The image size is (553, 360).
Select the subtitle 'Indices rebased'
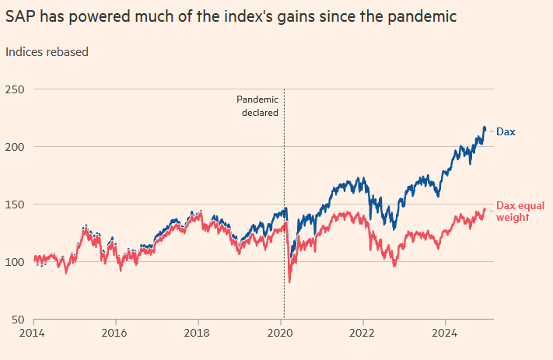[x=47, y=52]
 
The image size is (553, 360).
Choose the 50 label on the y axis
[x=17, y=320]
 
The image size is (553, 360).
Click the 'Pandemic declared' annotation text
[x=257, y=106]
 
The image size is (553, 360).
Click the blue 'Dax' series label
[x=506, y=132]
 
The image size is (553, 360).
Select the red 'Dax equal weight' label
[x=518, y=210]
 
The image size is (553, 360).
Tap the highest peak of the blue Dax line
[x=485, y=127]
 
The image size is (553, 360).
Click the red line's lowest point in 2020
[x=289, y=281]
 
